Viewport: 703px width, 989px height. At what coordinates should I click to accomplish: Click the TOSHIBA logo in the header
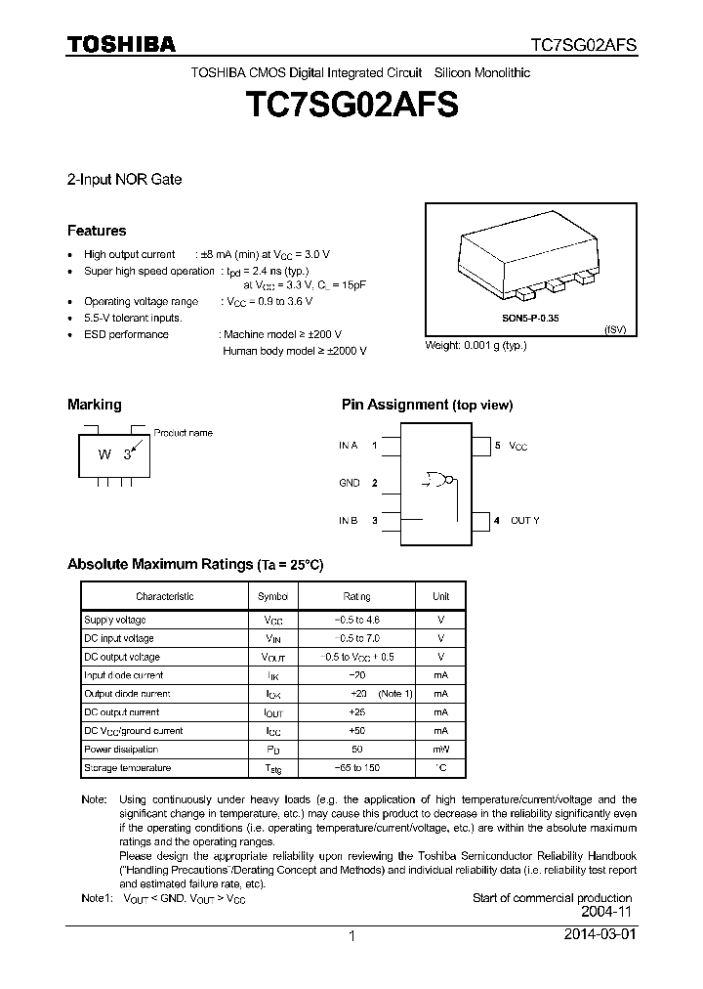122,44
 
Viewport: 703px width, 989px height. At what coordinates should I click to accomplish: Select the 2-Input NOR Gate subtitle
124,180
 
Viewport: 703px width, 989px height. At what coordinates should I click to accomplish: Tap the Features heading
97,232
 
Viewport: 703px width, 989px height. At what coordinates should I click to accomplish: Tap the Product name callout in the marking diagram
183,433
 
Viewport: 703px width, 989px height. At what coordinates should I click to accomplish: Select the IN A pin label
348,446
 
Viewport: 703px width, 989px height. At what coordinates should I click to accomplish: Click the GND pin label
349,483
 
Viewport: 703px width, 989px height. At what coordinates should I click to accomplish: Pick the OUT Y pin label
524,521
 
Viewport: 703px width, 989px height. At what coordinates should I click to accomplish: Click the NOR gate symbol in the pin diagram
438,479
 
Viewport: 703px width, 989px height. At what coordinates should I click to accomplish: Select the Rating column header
356,596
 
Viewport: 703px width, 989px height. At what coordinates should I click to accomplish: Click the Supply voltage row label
115,620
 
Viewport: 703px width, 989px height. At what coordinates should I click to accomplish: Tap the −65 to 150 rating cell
356,768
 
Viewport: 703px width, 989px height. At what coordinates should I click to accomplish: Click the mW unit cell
441,750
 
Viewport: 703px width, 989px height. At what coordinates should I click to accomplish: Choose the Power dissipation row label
121,750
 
